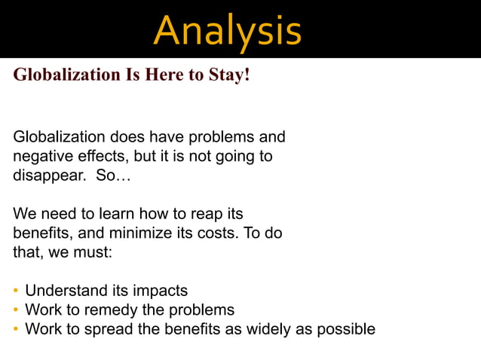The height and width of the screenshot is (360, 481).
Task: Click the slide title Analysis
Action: click(x=227, y=30)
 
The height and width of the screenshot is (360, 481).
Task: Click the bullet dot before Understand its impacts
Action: click(x=16, y=291)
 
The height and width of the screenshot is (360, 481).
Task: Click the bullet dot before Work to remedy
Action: click(x=16, y=310)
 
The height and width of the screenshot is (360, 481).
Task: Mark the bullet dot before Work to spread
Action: click(x=16, y=329)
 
